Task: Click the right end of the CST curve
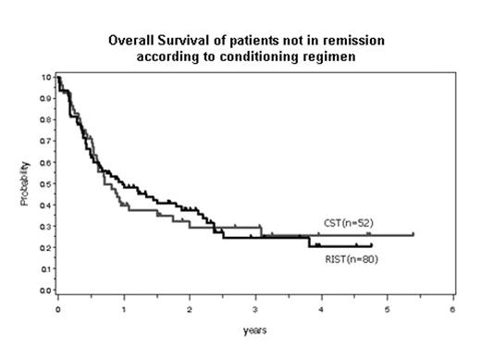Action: click(413, 234)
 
